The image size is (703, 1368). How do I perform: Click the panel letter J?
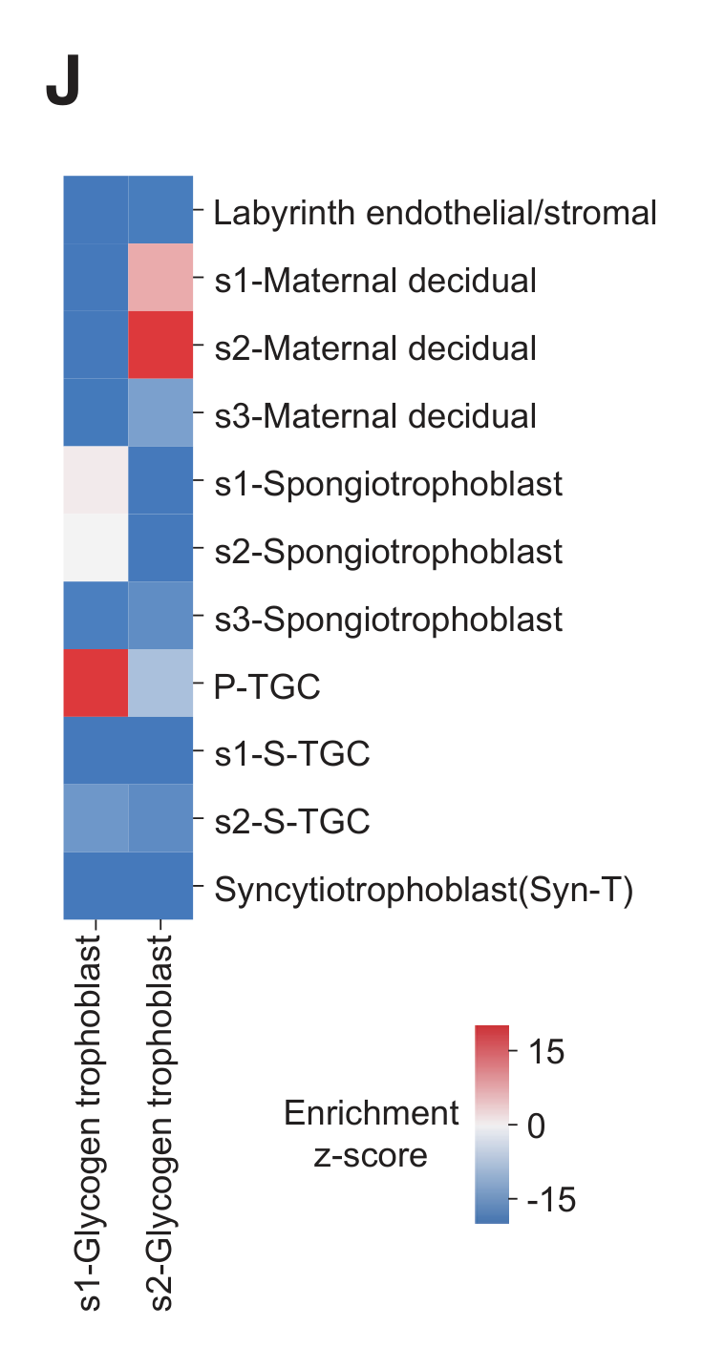62,85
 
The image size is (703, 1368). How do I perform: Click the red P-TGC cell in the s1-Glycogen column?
96,683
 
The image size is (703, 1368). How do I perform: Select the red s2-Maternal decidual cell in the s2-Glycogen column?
160,345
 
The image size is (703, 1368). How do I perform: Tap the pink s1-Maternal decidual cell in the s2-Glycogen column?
160,277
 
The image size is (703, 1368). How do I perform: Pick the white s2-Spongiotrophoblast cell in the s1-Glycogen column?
96,547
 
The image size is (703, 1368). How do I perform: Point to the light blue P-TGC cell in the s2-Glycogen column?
160,683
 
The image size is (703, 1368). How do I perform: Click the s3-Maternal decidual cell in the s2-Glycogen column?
160,412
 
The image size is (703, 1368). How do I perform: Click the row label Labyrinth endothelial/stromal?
435,212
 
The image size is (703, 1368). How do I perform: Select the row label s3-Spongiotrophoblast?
388,620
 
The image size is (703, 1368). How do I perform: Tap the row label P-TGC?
266,687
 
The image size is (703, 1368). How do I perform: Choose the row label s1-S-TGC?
291,755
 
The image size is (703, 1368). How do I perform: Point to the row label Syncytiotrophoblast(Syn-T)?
424,891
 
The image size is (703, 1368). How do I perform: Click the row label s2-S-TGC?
291,823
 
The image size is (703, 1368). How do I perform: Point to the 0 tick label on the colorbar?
536,1126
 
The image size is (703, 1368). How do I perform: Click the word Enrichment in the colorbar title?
372,1113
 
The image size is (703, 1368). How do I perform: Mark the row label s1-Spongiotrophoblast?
388,484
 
